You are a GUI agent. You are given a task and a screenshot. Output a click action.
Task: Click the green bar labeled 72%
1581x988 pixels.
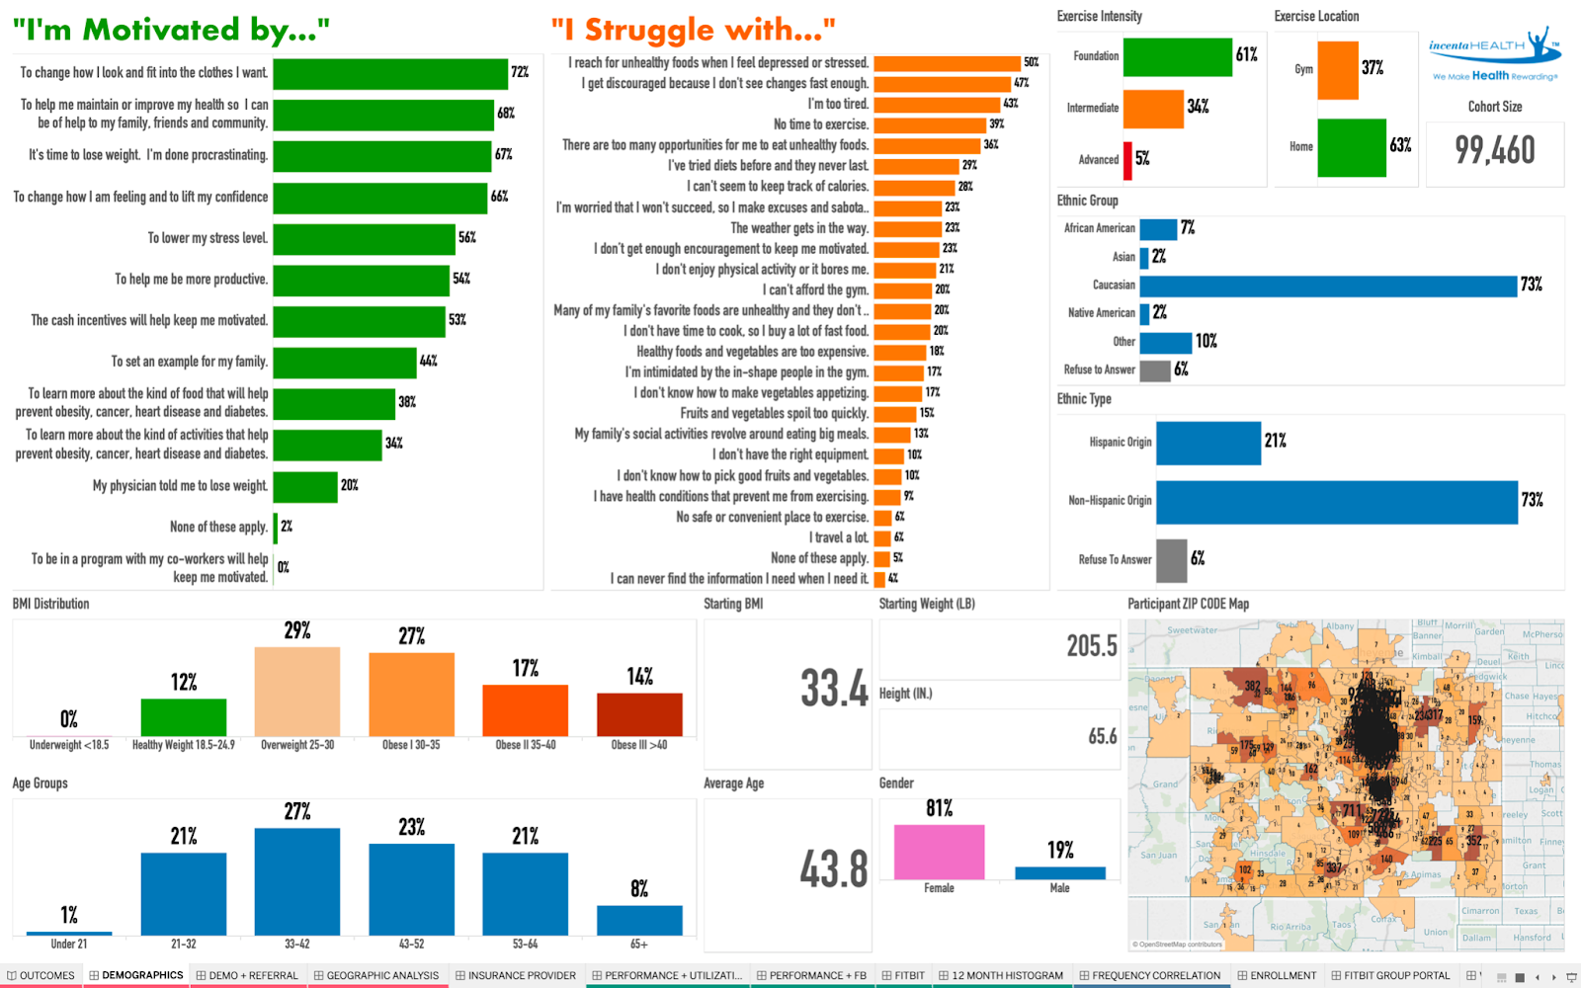tap(390, 74)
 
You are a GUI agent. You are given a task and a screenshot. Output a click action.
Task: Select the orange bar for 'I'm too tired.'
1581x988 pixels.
tap(937, 104)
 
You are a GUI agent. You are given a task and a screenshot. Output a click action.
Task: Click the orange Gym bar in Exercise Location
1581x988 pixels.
tap(1338, 70)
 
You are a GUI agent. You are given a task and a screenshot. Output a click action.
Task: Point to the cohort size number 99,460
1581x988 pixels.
tap(1495, 150)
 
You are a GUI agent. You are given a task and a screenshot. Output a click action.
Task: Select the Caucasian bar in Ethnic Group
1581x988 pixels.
tap(1328, 286)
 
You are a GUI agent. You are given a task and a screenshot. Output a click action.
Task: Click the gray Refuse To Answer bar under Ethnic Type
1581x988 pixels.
tap(1171, 560)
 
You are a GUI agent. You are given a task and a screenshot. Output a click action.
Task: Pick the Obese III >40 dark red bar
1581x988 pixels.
tap(639, 714)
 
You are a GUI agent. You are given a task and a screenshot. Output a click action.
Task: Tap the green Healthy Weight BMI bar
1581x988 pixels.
tap(184, 717)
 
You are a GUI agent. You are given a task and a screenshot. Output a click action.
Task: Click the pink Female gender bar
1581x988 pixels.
tap(939, 851)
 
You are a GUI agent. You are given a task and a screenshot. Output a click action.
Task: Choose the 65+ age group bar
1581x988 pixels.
tap(639, 920)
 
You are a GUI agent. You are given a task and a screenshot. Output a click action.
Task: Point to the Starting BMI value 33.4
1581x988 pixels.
tap(834, 689)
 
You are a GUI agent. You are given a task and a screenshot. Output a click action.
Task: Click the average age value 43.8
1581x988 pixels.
tap(834, 869)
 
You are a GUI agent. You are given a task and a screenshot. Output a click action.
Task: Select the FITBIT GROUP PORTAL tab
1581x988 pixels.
tap(1395, 975)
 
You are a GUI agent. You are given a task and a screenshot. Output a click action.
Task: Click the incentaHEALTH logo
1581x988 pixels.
tap(1494, 54)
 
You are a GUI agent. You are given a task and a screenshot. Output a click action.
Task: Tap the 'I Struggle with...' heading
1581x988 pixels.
tap(694, 30)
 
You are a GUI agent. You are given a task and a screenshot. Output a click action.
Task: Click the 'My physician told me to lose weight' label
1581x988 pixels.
tap(180, 486)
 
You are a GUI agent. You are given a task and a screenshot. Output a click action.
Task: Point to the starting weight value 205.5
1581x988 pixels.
tap(1092, 646)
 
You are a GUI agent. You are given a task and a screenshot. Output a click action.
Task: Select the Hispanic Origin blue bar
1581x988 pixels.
tap(1208, 443)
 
